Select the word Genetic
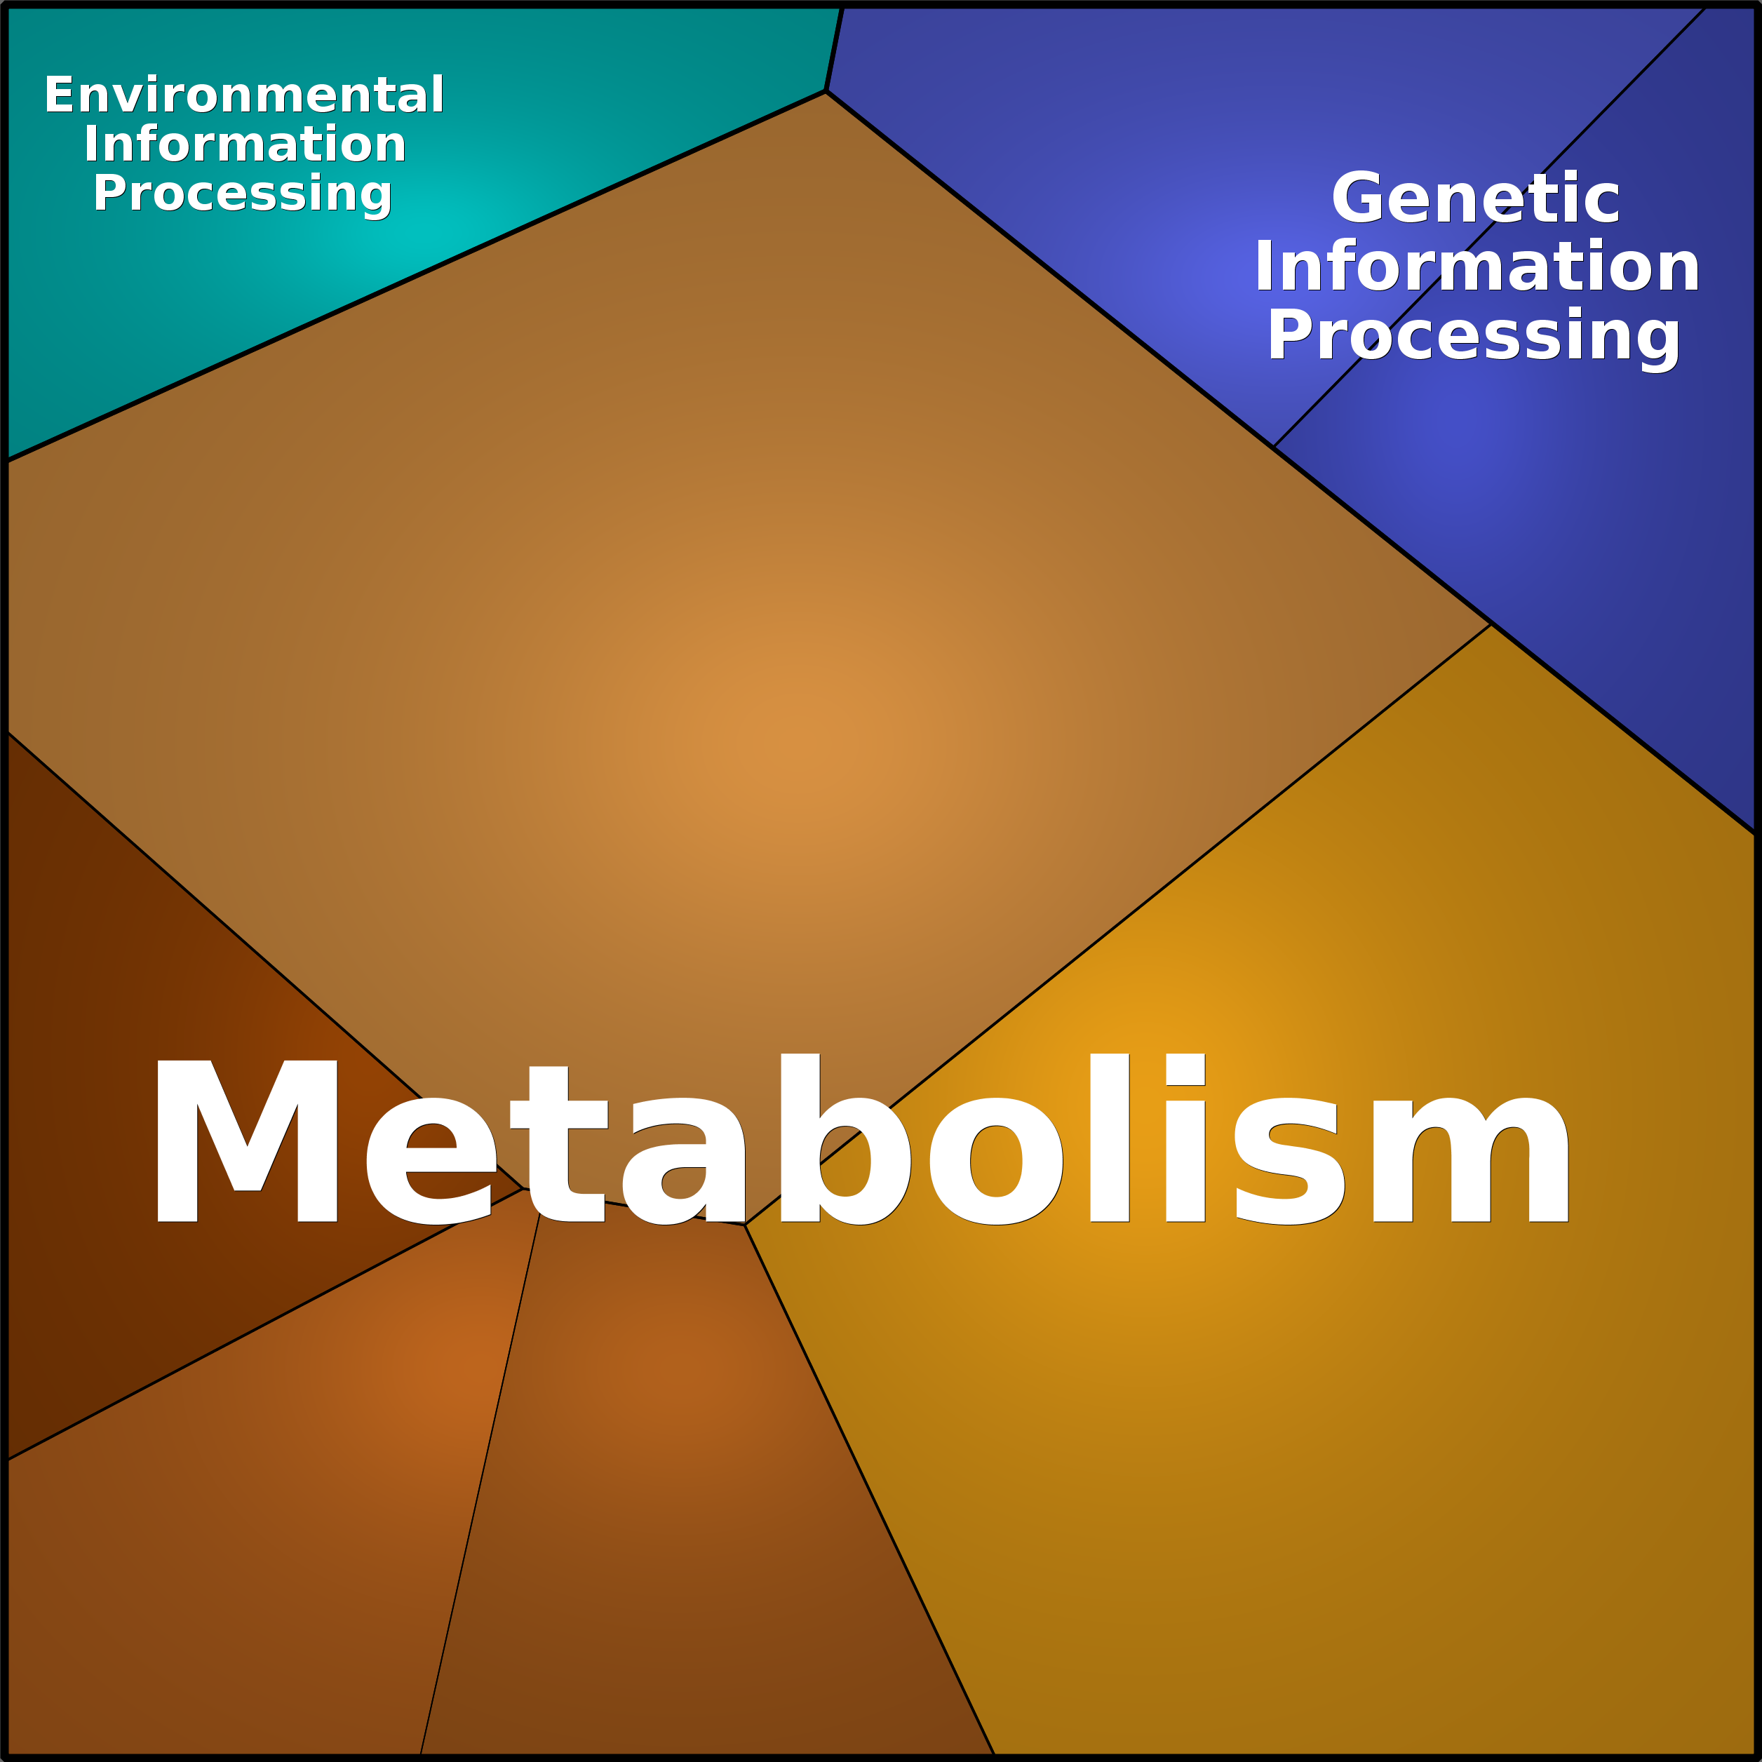pos(1476,198)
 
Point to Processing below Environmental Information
pos(243,195)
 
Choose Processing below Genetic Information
pos(1474,337)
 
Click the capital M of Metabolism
pos(247,1141)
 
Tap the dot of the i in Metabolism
pos(1185,1069)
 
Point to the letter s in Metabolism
pos(1289,1160)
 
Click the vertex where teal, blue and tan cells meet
pos(826,90)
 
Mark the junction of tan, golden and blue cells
pos(1491,624)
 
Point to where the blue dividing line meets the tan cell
pos(1273,447)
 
